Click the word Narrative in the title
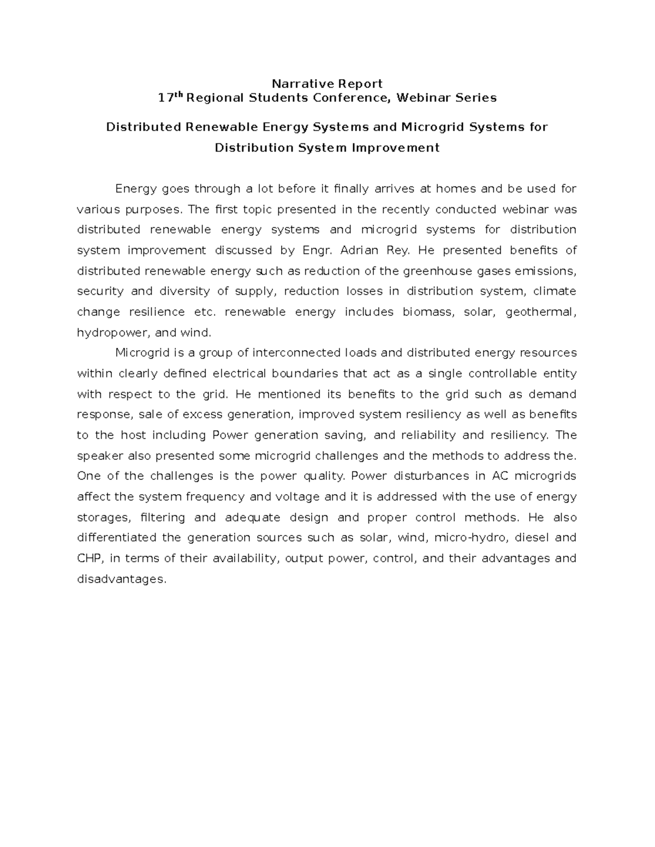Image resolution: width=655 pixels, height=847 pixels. point(297,83)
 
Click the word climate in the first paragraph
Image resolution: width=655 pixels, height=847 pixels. point(555,291)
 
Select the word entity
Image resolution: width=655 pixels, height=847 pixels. point(560,374)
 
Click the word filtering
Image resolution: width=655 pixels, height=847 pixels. point(163,517)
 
